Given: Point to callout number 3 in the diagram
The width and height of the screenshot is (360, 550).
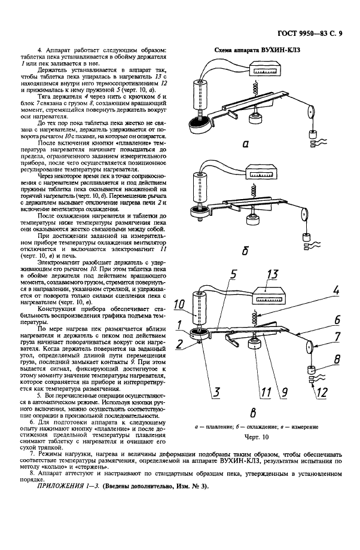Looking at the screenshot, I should [213, 392].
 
